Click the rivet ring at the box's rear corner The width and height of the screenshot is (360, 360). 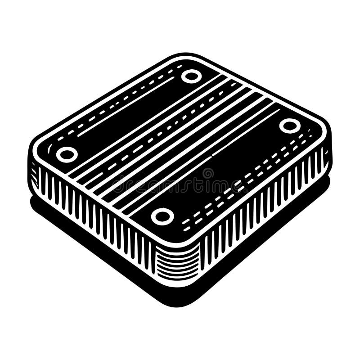[192, 76]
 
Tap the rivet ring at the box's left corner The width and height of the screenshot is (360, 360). [67, 154]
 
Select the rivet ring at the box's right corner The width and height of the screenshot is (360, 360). [290, 126]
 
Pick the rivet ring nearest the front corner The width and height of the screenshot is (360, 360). [162, 216]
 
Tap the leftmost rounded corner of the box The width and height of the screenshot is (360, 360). [34, 155]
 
